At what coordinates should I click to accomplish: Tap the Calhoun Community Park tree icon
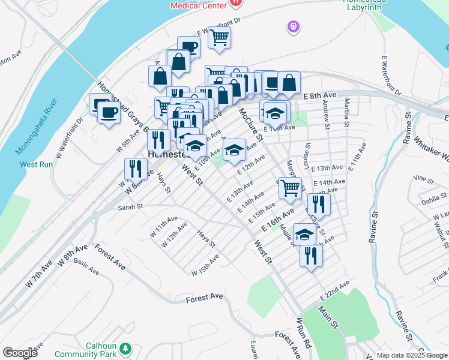(125, 348)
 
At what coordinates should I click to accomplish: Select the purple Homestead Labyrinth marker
(292, 26)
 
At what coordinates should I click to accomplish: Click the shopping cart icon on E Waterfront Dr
(220, 38)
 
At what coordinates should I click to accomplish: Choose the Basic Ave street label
(86, 267)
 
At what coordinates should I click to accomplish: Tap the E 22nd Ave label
(334, 290)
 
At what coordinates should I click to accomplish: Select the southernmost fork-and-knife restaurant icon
(311, 256)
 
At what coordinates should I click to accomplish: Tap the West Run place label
(37, 164)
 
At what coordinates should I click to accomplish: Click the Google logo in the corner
(20, 353)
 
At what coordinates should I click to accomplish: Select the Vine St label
(424, 179)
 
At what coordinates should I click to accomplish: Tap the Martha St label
(347, 114)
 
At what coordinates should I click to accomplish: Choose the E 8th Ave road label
(320, 96)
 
